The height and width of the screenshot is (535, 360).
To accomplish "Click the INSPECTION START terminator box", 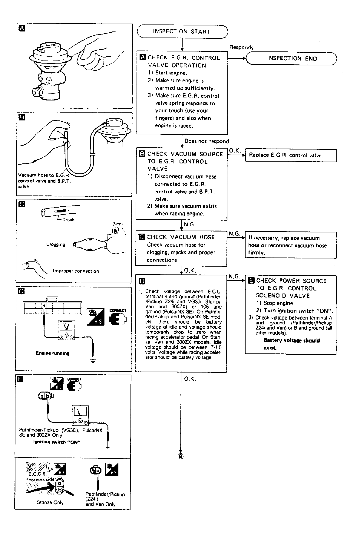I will click(182, 31).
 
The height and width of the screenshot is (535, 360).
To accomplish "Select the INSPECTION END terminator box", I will click(292, 58).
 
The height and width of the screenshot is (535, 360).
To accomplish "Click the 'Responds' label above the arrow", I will click(241, 47).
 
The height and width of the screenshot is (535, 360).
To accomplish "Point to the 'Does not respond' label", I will click(206, 141).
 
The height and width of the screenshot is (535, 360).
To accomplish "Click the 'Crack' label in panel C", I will click(68, 220).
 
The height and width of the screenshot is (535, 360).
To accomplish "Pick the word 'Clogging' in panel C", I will click(56, 245).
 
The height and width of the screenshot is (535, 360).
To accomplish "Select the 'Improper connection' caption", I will click(76, 271).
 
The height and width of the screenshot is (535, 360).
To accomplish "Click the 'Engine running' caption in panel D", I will click(53, 353).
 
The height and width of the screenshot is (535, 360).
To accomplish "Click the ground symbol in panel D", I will click(93, 360).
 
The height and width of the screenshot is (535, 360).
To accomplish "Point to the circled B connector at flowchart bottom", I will click(180, 456).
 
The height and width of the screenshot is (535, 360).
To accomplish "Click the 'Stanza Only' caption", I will click(50, 502).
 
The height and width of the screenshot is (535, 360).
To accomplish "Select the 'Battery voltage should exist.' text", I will click(291, 344).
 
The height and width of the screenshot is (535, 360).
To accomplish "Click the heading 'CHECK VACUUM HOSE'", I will click(181, 237).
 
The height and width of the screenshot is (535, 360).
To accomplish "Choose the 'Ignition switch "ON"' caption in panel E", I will click(57, 442).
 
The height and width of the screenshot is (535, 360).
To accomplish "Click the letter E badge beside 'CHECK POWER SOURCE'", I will click(251, 281).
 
